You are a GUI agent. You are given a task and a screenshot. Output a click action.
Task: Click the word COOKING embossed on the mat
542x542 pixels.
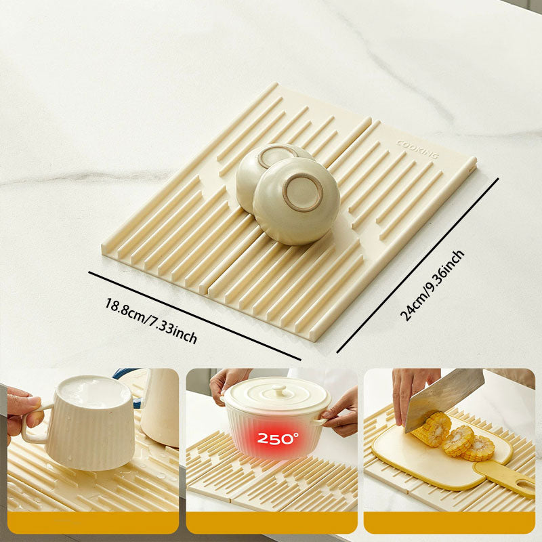pyautogui.click(x=417, y=149)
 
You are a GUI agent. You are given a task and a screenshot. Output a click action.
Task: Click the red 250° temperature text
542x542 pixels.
pyautogui.click(x=278, y=439)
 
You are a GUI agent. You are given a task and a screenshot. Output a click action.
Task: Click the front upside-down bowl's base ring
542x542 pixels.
pyautogui.click(x=302, y=192)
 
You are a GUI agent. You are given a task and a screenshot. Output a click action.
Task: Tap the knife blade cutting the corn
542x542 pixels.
pyautogui.click(x=443, y=397)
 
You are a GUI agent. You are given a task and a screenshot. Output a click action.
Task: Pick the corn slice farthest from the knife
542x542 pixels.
pyautogui.click(x=480, y=448)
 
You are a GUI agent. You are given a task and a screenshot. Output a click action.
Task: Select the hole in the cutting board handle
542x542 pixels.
pyautogui.click(x=523, y=484)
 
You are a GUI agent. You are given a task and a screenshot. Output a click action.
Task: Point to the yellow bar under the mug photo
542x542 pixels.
pyautogui.click(x=93, y=522)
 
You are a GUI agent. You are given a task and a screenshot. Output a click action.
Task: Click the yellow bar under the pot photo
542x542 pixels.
pyautogui.click(x=272, y=522)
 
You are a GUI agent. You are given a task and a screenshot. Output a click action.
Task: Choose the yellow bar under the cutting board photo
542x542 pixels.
pyautogui.click(x=449, y=522)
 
